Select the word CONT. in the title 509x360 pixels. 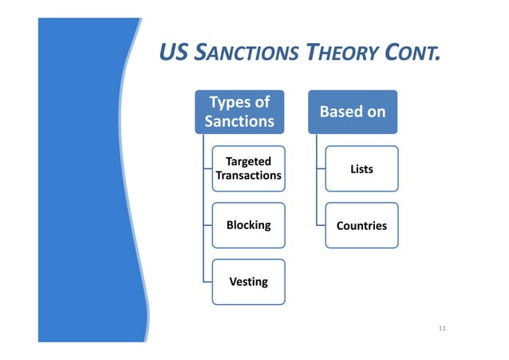[413, 54]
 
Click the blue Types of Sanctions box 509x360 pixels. [239, 112]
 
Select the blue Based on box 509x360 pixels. [352, 112]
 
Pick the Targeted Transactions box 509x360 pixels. [248, 168]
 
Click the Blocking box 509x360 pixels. [248, 225]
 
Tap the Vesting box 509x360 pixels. [248, 282]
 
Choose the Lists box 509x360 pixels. [361, 168]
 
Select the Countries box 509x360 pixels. [361, 225]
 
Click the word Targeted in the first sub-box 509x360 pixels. [248, 162]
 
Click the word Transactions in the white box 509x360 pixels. [248, 176]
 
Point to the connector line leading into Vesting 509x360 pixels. [207, 282]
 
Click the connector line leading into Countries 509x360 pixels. [320, 225]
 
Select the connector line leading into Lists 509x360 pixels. [320, 168]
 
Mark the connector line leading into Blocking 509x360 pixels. [207, 225]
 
